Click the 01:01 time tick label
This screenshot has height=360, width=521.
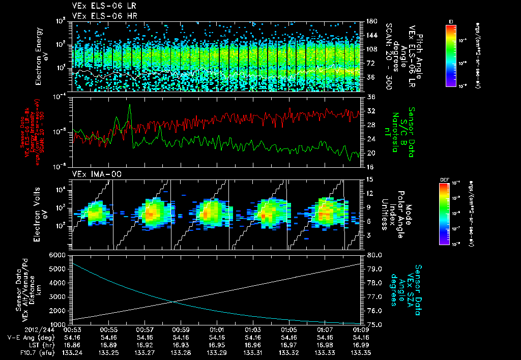point(217,329)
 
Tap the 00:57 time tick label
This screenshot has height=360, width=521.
point(145,329)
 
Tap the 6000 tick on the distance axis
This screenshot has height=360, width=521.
point(60,255)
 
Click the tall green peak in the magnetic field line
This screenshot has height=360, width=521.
point(130,105)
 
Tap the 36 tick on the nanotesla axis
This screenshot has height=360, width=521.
point(370,97)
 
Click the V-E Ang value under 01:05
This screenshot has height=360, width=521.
point(289,337)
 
